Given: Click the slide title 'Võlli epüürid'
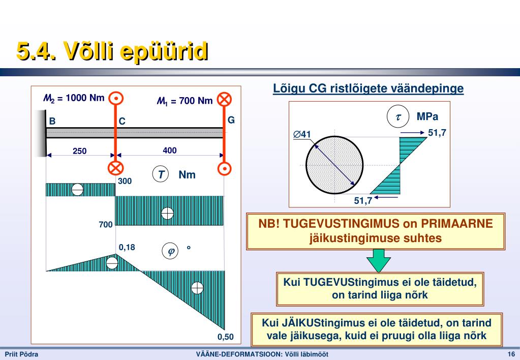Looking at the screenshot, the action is (x=135, y=51).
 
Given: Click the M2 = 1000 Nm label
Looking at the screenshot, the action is (x=74, y=98).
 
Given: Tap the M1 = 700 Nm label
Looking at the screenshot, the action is (x=185, y=101).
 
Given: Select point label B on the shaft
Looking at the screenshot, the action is (x=52, y=121).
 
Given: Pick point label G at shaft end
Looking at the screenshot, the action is (x=231, y=120).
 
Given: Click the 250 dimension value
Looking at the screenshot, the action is (x=80, y=151).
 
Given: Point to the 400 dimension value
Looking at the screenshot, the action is (x=169, y=151).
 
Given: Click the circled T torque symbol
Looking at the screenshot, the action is (x=161, y=174).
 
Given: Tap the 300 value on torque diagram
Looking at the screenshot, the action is (x=125, y=181).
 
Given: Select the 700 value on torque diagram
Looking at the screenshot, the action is (x=106, y=225).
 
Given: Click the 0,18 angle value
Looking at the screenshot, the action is (x=127, y=247).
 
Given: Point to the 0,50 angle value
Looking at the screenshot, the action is (x=226, y=337).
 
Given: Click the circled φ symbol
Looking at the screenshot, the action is (x=170, y=251).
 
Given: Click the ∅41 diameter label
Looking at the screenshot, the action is (x=302, y=134).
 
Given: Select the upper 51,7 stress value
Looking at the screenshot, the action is (x=437, y=133).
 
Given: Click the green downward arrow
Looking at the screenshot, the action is (x=378, y=260).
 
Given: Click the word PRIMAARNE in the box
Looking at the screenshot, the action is (x=456, y=224).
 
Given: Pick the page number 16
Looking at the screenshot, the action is (x=511, y=354).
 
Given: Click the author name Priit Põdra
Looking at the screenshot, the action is (x=21, y=354).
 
